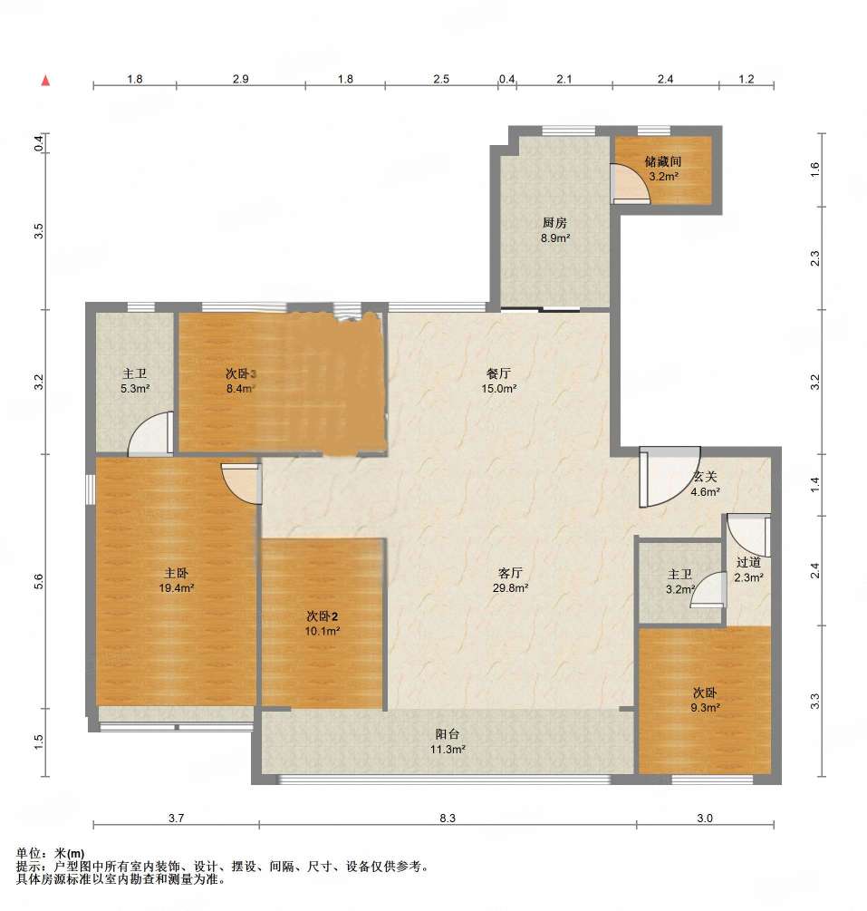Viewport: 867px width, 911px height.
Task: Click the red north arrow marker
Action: (45, 80)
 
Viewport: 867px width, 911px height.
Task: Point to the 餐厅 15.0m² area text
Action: (499, 381)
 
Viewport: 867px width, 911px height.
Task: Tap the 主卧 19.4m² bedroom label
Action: (176, 580)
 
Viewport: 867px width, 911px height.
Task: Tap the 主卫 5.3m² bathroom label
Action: (135, 381)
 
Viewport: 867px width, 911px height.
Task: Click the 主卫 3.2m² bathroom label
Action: (680, 582)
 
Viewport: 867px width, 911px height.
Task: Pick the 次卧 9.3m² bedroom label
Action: (705, 700)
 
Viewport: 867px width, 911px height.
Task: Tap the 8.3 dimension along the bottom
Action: (448, 818)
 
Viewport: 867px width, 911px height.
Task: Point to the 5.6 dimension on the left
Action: (38, 581)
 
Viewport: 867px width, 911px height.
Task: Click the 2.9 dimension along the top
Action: (240, 79)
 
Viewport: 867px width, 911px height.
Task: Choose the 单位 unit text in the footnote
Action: (28, 854)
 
